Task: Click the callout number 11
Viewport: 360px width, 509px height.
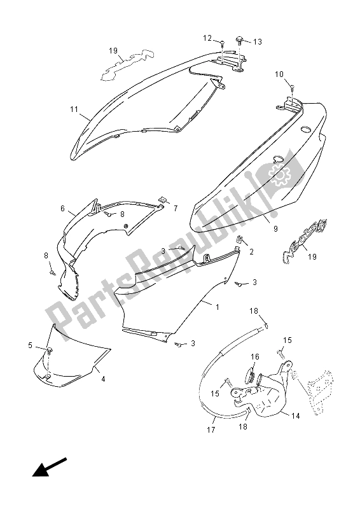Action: [x=74, y=109]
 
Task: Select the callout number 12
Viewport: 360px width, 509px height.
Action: [x=207, y=38]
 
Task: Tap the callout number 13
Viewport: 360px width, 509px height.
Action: [x=258, y=42]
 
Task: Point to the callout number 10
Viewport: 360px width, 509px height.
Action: [x=279, y=74]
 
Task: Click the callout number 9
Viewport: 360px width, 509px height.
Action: [x=275, y=229]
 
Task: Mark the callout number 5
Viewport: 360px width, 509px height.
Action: [x=30, y=345]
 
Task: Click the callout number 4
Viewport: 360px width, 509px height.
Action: [x=103, y=379]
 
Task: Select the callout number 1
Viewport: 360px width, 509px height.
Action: [x=218, y=307]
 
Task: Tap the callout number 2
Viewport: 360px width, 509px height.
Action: [x=252, y=251]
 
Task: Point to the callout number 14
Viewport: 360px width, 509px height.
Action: [x=296, y=416]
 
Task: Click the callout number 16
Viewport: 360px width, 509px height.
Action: [x=255, y=357]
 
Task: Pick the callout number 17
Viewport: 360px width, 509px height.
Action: [x=211, y=430]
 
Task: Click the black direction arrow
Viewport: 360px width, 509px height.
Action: [x=50, y=468]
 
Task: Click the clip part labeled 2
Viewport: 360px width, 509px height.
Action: [x=239, y=240]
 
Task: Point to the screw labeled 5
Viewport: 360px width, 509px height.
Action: [x=50, y=351]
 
